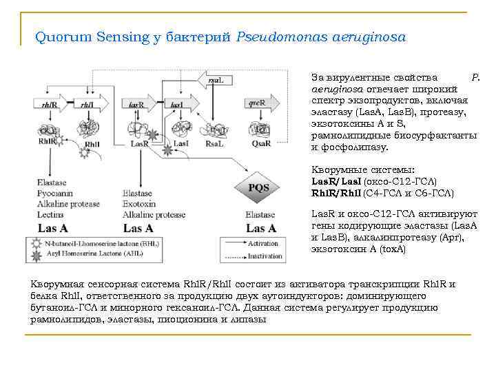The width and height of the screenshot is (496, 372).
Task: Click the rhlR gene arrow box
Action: point(45,105)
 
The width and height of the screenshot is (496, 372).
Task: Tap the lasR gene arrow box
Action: point(137,105)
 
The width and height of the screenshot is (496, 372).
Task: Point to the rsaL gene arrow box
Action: point(216,81)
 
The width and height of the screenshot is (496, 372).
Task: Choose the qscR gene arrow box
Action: point(260,105)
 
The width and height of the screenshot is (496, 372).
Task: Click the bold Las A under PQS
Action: point(261,228)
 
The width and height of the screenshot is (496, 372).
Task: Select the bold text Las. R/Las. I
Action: point(336,181)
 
